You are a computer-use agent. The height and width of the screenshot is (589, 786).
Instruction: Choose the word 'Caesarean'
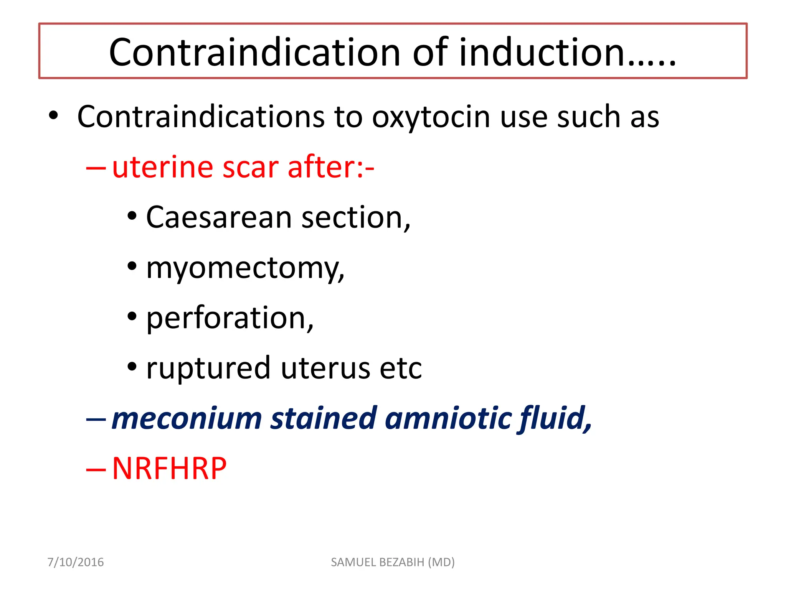(x=219, y=217)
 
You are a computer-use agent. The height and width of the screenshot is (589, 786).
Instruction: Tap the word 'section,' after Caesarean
(x=356, y=217)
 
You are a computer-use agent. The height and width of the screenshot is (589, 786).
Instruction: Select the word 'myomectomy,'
(x=245, y=268)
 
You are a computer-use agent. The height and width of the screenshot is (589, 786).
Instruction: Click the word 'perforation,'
(x=230, y=318)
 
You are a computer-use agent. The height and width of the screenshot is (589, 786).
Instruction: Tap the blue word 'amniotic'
(x=447, y=418)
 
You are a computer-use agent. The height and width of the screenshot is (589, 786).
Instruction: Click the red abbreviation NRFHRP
(x=169, y=469)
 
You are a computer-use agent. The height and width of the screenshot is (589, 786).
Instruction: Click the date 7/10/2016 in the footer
(x=76, y=562)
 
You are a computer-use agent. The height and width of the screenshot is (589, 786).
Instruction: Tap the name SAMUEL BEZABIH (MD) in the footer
(x=393, y=562)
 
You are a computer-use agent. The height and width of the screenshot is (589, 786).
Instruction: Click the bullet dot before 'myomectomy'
(x=132, y=266)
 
